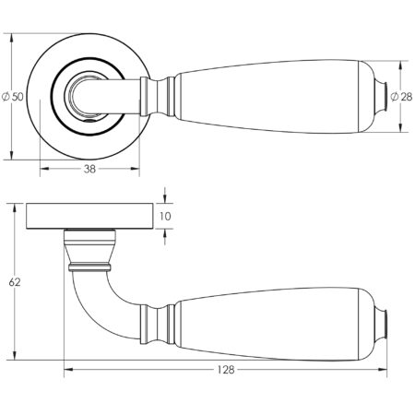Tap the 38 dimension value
click(90, 169)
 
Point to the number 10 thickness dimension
click(165, 217)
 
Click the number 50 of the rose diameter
click(18, 96)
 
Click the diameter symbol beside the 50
click(7, 96)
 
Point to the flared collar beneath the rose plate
click(90, 247)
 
